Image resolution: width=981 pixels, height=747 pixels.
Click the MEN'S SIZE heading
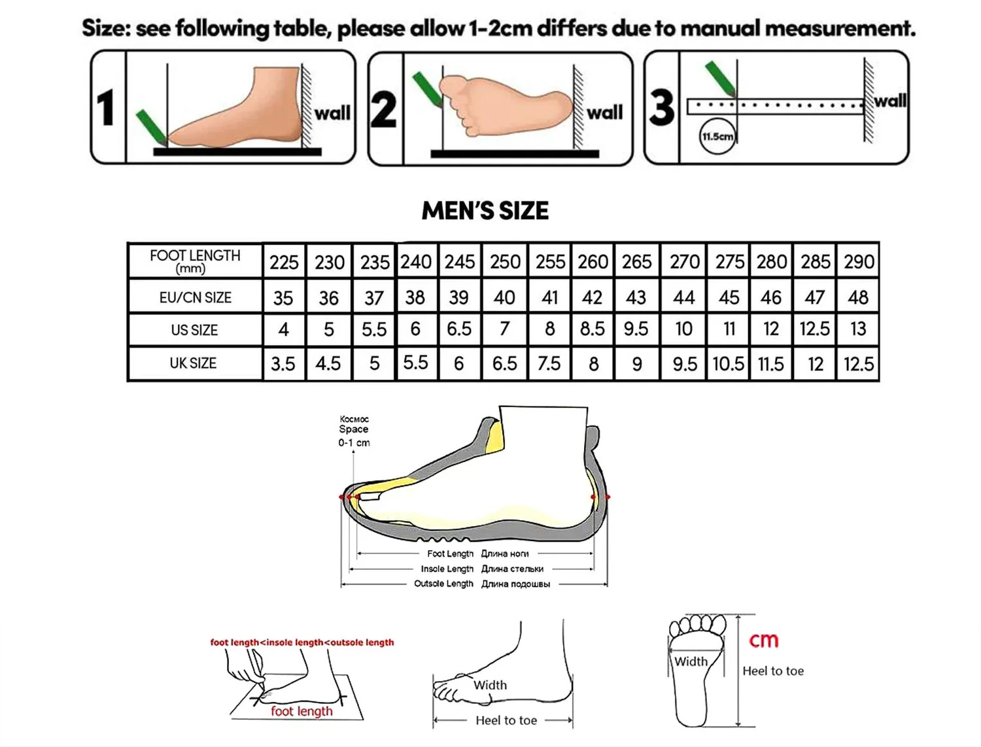click(x=485, y=210)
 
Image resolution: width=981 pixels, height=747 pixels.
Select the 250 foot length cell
click(x=505, y=261)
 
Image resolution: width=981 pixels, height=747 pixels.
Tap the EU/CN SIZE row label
click(x=196, y=297)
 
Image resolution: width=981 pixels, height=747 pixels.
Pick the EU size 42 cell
click(x=592, y=297)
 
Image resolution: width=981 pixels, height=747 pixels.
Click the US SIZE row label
click(x=194, y=330)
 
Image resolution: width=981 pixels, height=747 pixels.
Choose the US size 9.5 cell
click(x=636, y=329)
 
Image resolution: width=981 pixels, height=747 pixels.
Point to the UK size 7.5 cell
click(x=549, y=363)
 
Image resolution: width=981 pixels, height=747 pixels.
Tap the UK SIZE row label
click(x=193, y=363)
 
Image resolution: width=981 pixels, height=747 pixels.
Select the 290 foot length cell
click(x=859, y=261)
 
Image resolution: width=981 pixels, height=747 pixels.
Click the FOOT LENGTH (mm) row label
click(x=195, y=261)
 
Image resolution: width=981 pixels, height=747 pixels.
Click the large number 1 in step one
click(x=107, y=108)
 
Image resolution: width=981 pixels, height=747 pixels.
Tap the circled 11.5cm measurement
click(x=717, y=136)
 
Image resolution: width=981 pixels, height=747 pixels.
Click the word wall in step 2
click(x=604, y=112)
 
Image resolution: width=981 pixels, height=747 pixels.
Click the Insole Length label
click(x=447, y=569)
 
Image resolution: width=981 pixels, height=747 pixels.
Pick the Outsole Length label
click(x=443, y=584)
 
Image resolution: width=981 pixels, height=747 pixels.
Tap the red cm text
click(x=763, y=640)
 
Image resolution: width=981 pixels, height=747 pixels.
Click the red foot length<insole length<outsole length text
click(x=302, y=642)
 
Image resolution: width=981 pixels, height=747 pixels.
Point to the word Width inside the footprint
click(x=691, y=661)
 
